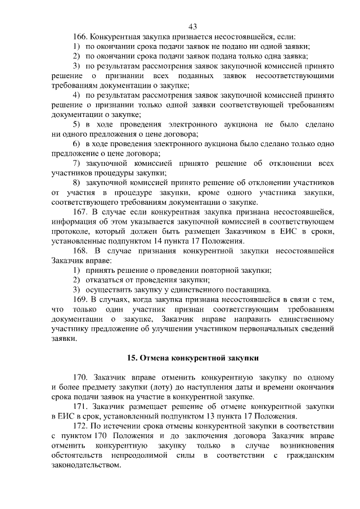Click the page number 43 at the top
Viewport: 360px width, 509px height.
pos(193,26)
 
